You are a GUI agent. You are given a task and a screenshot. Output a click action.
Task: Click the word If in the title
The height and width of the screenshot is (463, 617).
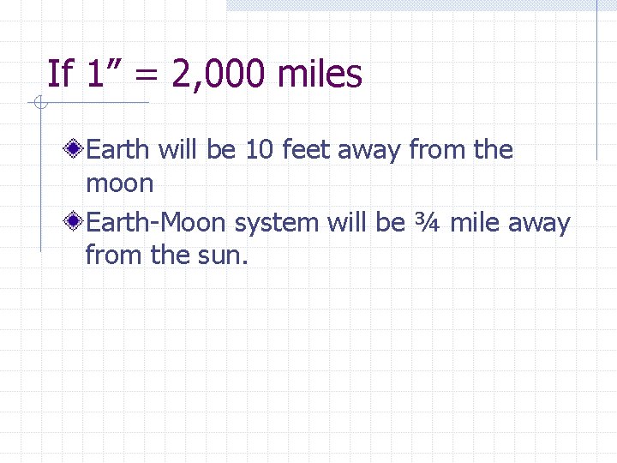60,75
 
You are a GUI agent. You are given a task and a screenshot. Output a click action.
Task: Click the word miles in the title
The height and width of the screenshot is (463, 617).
320,75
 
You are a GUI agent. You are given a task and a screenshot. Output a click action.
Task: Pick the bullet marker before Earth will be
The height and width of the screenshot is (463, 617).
75,150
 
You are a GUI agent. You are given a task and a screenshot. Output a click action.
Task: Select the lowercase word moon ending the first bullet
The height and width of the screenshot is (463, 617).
119,183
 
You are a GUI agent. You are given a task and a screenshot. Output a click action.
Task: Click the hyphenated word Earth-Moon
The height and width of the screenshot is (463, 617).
157,224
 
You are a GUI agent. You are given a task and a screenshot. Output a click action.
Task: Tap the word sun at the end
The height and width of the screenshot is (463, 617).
224,255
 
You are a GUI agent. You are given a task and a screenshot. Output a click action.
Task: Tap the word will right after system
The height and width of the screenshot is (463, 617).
346,224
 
